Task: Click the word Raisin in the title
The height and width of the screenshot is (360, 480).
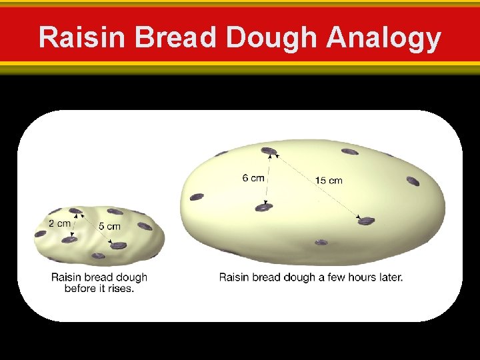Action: pos(82,38)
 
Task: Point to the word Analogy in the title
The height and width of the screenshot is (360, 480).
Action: pos(383,38)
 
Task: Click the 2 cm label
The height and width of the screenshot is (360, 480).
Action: pos(59,223)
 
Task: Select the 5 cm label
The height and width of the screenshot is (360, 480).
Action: pos(109,227)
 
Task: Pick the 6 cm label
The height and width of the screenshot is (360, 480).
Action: pos(253,178)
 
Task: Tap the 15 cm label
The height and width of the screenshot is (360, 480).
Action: pos(329,181)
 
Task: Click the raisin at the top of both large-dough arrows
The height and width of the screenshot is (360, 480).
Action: pos(269,151)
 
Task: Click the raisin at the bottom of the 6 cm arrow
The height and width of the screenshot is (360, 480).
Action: pos(265,208)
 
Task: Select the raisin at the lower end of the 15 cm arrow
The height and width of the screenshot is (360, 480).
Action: pos(366,221)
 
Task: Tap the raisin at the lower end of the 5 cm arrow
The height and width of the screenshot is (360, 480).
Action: pos(119,245)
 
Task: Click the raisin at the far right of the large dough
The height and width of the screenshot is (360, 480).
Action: pos(413,181)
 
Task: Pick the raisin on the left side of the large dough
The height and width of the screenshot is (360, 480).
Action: pos(197,197)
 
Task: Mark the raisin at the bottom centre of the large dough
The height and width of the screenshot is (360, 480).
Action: pos(321,241)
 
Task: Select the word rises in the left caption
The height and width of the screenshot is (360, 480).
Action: pos(120,289)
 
